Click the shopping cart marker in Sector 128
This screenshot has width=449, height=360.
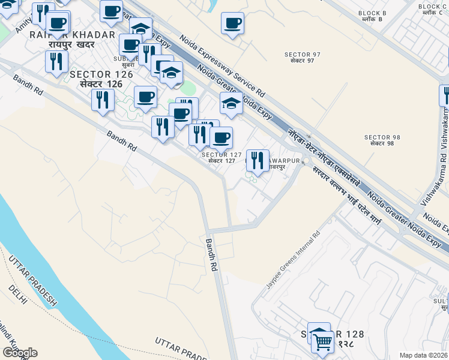(323, 342)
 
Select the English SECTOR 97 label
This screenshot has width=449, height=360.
(303, 55)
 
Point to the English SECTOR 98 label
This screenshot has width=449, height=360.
(382, 137)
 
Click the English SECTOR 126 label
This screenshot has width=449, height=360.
(101, 74)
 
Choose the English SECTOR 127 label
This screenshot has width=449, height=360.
(221, 154)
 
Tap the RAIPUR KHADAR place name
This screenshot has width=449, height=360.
(72, 35)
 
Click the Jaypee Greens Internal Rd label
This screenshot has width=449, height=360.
(293, 259)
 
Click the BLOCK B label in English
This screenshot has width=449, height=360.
(372, 13)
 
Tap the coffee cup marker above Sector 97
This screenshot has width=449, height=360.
(232, 24)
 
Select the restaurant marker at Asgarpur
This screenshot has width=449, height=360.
(258, 160)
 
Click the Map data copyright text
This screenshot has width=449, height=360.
(423, 355)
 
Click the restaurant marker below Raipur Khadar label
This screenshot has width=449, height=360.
(56, 61)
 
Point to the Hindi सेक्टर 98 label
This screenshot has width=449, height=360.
(382, 144)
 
